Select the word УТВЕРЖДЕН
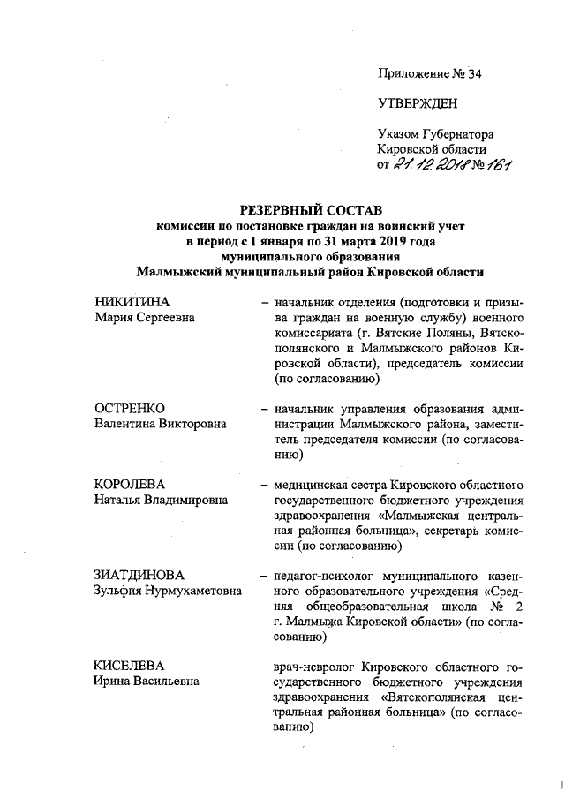(418, 104)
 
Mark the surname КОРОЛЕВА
(130, 485)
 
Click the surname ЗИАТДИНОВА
(137, 577)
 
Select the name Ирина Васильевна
(147, 682)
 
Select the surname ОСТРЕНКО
(129, 409)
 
